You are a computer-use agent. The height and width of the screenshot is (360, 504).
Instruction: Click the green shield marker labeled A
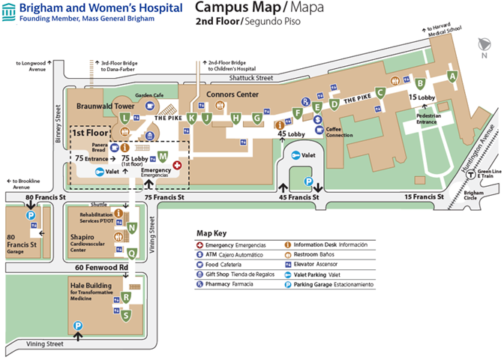[x=451, y=75]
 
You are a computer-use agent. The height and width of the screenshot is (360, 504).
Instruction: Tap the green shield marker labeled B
[x=421, y=83]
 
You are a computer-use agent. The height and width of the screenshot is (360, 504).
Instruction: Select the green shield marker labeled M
[x=163, y=157]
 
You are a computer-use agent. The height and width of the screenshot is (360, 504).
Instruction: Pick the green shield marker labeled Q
[x=132, y=253]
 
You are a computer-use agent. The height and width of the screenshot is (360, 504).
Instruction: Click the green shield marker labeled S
[x=126, y=315]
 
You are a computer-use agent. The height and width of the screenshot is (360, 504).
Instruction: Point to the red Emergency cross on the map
[x=177, y=164]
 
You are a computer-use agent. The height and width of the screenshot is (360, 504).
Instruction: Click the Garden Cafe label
[x=149, y=95]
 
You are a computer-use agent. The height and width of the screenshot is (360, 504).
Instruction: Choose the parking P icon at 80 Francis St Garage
[x=31, y=216]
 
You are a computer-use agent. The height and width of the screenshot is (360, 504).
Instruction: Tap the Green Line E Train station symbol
[x=469, y=172]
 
